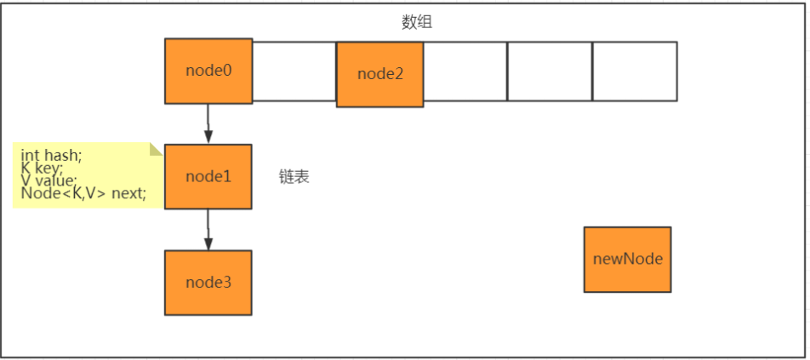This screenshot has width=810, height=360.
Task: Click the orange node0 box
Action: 208,71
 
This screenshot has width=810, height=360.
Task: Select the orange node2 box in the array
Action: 379,74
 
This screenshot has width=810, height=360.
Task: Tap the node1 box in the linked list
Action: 208,176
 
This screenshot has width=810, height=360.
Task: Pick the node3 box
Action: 208,282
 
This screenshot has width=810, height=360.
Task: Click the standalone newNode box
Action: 627,259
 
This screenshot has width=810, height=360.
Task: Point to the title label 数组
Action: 417,23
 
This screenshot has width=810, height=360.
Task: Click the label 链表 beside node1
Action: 294,177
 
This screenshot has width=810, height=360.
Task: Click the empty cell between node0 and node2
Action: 294,71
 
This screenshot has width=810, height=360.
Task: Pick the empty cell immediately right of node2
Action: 465,71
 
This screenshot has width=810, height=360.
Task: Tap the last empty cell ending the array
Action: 635,71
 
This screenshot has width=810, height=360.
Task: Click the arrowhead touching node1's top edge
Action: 208,138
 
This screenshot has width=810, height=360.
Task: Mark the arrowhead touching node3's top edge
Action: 208,244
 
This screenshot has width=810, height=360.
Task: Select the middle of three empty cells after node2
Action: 550,71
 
